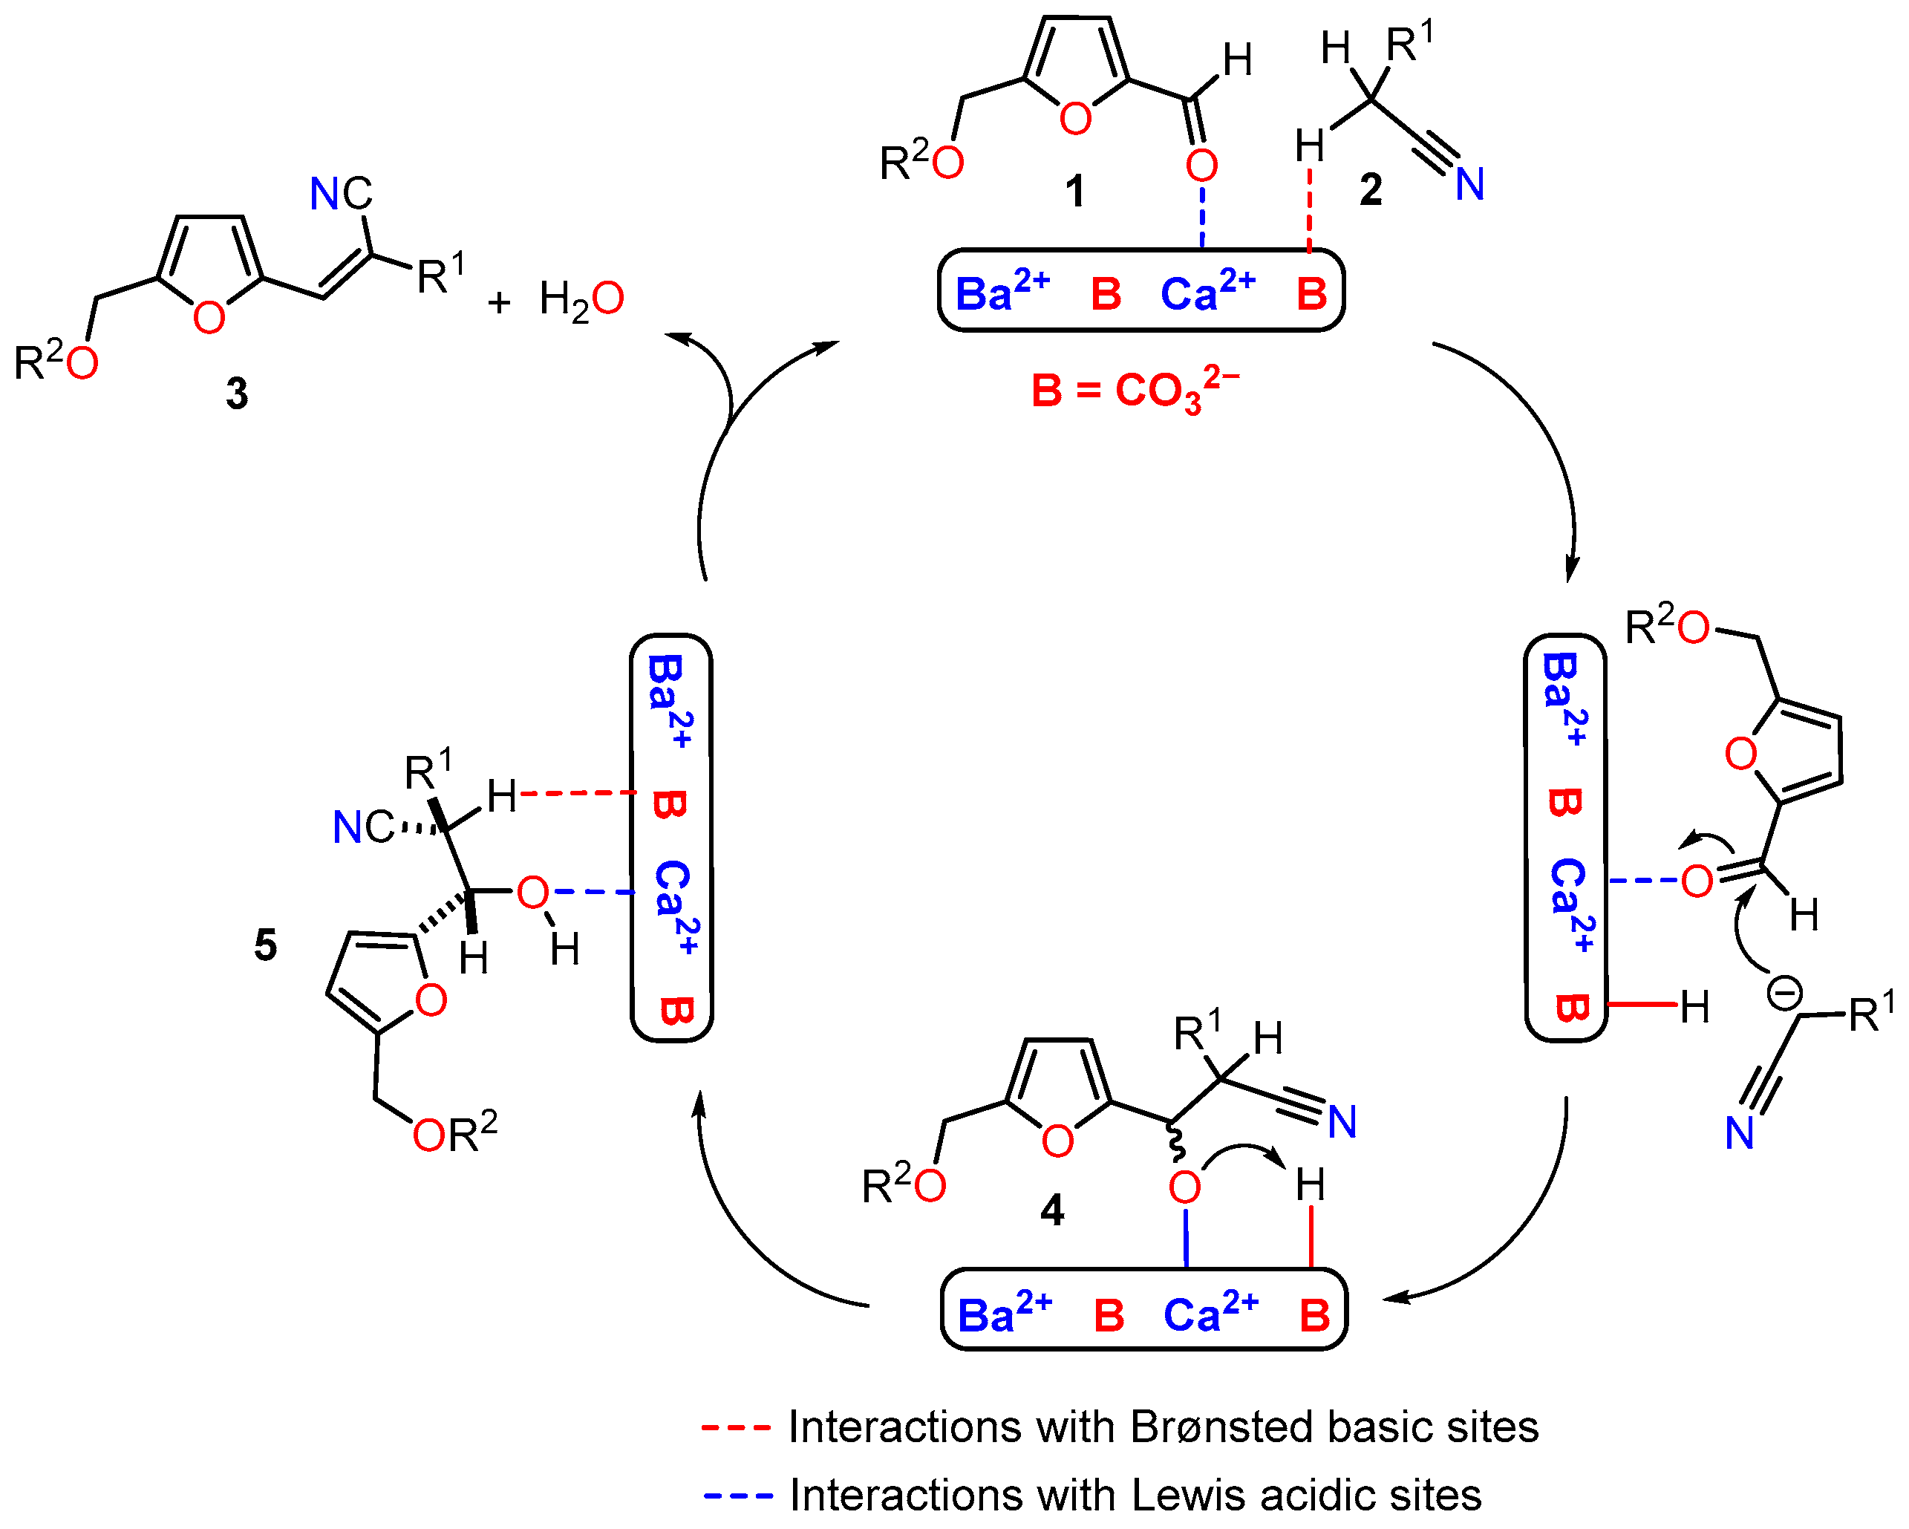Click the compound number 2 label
[x=1371, y=189]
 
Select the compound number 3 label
[x=236, y=394]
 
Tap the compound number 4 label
[x=1052, y=1210]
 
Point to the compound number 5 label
[x=266, y=945]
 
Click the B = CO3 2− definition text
[x=1135, y=390]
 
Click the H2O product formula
[x=581, y=300]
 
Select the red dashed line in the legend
[x=736, y=1428]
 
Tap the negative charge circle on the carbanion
[x=1784, y=994]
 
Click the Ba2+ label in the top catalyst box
[x=1002, y=292]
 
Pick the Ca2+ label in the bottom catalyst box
[x=1210, y=1313]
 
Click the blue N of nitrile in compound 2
[x=1470, y=185]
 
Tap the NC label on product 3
[x=341, y=194]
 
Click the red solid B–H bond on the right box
[x=1642, y=1005]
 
